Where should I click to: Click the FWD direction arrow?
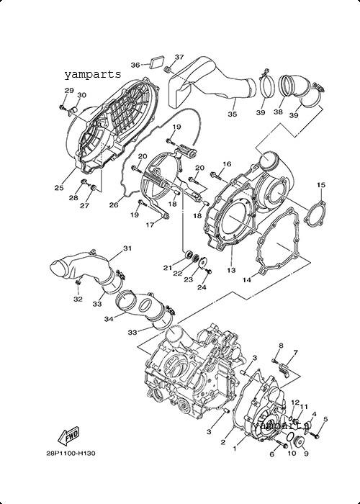68,436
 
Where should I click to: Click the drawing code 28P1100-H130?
71,454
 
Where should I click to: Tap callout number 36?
135,66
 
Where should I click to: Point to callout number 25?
59,188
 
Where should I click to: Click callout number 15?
321,185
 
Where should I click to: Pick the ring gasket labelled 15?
315,213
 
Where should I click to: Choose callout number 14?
246,280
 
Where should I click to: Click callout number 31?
127,248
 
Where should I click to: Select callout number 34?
109,319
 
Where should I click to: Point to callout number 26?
114,204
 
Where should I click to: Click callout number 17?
150,225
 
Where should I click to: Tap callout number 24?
202,288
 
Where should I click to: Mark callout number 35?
233,114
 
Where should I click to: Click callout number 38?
279,112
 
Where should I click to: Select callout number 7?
295,352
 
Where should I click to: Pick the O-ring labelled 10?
289,438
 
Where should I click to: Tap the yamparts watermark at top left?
93,75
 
